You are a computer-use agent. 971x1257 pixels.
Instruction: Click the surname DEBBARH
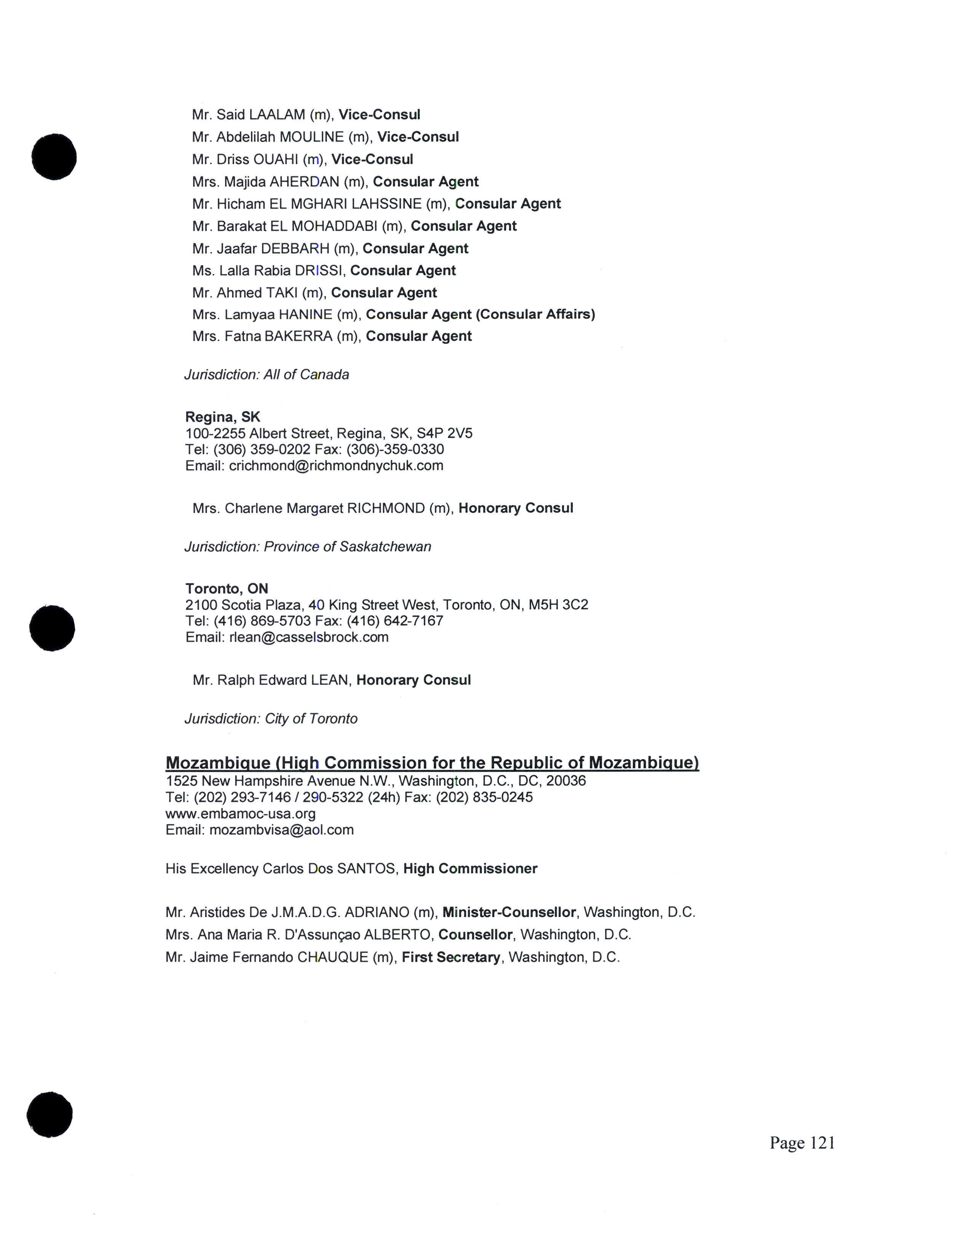pos(295,249)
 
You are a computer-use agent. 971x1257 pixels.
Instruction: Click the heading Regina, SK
pos(223,417)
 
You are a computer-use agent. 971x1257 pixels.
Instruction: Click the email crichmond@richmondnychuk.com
pos(336,465)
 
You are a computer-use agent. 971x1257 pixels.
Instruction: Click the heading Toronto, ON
pos(227,588)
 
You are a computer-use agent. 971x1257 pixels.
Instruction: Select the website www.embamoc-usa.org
pos(240,813)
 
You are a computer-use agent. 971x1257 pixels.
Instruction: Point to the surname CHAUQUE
pos(332,957)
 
